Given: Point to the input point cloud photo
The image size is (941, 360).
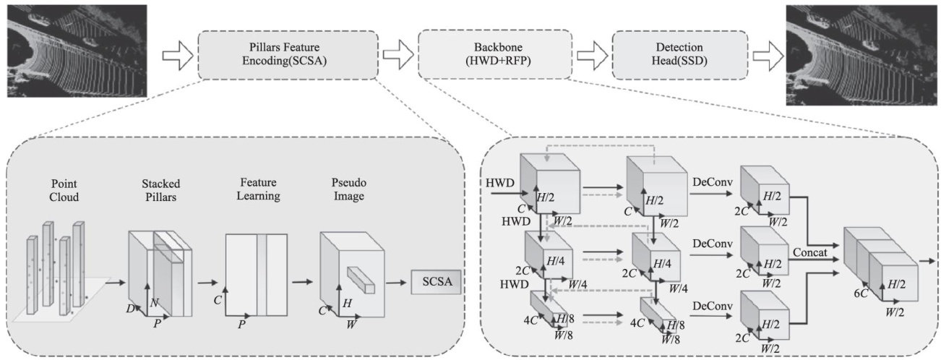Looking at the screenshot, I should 77,51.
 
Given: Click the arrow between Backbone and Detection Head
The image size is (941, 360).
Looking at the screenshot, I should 589,54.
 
